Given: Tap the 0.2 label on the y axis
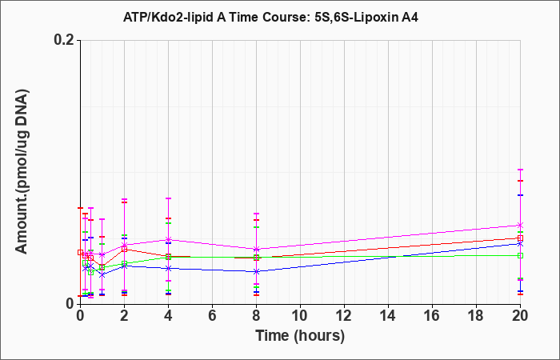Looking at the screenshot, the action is [64, 40].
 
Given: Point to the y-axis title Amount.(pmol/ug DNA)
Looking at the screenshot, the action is [22, 172].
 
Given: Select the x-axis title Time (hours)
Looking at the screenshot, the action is [300, 336].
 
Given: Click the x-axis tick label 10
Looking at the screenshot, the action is [300, 316].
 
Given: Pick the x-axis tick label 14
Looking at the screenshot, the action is [388, 316].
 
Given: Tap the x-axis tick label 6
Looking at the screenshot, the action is [212, 316].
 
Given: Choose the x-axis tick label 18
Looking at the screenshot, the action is [476, 316].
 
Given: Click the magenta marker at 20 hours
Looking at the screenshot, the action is [520, 225].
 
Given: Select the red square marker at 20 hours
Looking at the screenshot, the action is [520, 238].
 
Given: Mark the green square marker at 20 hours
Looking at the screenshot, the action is [520, 255].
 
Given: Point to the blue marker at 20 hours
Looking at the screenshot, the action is [520, 243].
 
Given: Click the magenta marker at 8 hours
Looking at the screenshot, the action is [256, 249].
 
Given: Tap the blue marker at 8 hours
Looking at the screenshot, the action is [256, 271].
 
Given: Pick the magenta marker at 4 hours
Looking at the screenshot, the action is [168, 239].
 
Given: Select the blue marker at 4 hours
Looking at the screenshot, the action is [168, 268].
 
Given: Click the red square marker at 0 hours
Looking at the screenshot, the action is [80, 252].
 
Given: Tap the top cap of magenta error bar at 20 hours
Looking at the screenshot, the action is [520, 170].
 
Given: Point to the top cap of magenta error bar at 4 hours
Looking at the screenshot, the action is [168, 198].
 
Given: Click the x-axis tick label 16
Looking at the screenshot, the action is [432, 316].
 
